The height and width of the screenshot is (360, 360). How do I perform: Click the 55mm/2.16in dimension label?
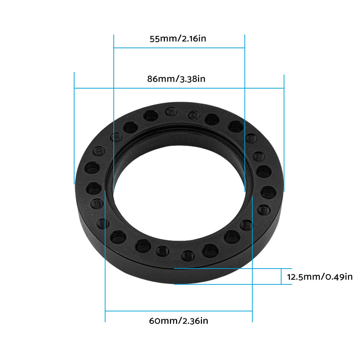178,39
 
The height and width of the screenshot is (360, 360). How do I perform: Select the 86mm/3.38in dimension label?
176,79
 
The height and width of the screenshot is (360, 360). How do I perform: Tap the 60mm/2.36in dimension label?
179,320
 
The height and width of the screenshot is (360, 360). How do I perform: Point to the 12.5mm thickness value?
304,277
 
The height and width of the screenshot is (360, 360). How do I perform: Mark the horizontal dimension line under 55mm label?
179,48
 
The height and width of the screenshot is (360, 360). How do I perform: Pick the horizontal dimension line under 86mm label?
179,88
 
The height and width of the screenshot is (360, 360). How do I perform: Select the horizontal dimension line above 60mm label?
179,311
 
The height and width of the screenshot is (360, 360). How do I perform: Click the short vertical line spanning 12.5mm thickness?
281,276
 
